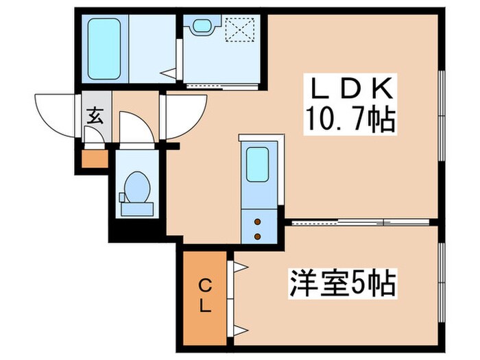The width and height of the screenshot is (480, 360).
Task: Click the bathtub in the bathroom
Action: pyautogui.click(x=105, y=49)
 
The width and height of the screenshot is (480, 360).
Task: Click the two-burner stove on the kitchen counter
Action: pyautogui.click(x=258, y=228)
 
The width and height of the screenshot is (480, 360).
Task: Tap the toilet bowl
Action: pyautogui.click(x=136, y=189)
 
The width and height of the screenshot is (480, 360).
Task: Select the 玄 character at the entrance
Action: pyautogui.click(x=95, y=115)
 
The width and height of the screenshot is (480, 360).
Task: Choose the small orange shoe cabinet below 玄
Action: pyautogui.click(x=95, y=158)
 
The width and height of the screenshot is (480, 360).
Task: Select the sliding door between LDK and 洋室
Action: pyautogui.click(x=360, y=221)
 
